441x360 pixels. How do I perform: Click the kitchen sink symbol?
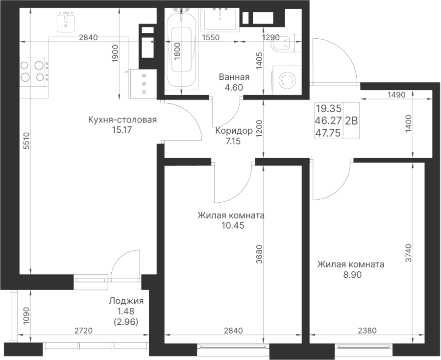[65, 22]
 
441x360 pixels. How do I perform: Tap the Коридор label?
[234, 131]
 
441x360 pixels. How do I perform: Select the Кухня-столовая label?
[122, 120]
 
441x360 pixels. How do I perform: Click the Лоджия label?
[126, 301]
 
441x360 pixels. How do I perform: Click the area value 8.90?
[350, 275]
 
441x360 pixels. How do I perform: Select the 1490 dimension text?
[396, 96]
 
